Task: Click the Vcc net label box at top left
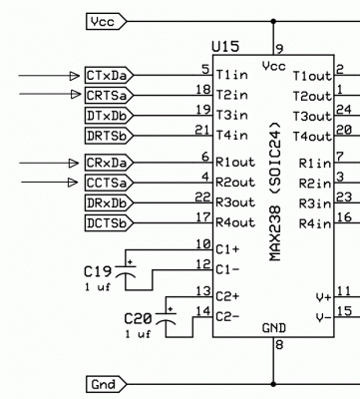106,20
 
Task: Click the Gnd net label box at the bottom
106,384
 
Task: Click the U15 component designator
225,48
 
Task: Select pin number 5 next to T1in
204,69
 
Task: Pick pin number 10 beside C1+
202,244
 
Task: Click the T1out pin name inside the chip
311,76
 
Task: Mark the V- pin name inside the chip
322,317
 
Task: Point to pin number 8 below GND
279,345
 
